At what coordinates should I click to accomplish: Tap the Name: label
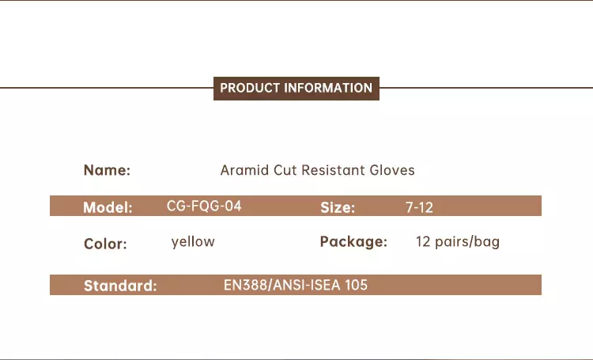(x=107, y=170)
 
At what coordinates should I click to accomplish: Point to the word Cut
(x=285, y=170)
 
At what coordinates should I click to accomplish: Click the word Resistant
(x=333, y=170)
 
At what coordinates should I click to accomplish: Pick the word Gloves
(x=392, y=170)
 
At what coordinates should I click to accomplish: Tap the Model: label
(x=108, y=207)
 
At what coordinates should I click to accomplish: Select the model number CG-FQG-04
(x=204, y=206)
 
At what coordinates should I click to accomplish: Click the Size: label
(x=338, y=207)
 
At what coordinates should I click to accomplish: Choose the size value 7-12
(x=419, y=207)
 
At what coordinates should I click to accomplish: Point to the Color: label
(x=105, y=244)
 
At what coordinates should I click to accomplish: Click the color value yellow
(x=193, y=241)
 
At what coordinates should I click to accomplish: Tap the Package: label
(x=353, y=241)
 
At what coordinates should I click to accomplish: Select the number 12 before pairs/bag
(x=423, y=241)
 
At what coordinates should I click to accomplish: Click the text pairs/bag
(x=467, y=241)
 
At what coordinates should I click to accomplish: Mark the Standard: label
(x=120, y=286)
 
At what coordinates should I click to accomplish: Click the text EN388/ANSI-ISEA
(x=281, y=285)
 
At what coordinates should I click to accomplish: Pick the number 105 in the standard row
(x=356, y=285)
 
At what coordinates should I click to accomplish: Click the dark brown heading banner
(x=296, y=88)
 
